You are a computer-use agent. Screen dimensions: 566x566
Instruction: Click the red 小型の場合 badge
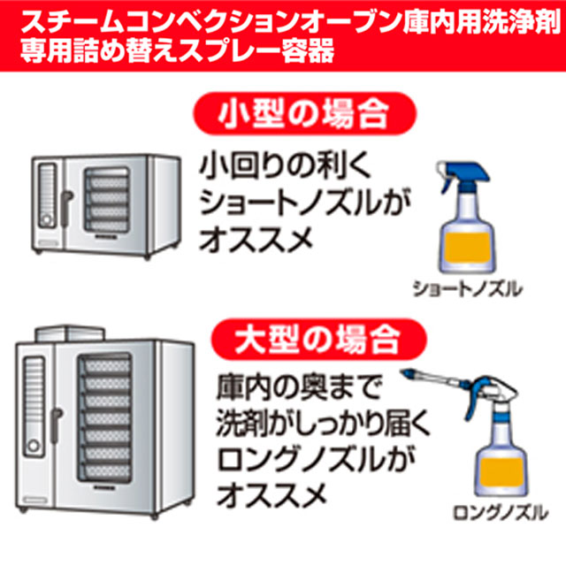305,114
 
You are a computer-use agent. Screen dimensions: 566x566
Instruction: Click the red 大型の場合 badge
319,340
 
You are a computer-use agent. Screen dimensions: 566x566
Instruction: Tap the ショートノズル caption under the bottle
468,289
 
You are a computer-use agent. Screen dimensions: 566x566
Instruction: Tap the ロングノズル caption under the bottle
501,513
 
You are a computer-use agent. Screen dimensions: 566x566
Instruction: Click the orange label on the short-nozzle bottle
468,248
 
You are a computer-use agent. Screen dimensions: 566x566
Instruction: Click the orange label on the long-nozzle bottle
501,471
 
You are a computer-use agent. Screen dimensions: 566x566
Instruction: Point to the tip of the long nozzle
402,371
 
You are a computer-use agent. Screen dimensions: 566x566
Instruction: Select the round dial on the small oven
46,219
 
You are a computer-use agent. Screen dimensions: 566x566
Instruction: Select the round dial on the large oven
34,446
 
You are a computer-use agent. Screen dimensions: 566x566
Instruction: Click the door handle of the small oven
65,209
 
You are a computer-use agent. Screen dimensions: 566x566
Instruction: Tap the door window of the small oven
107,201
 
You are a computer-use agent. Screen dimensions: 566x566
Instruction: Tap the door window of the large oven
104,417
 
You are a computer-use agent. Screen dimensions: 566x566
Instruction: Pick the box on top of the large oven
71,333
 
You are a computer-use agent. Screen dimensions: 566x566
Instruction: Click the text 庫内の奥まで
299,387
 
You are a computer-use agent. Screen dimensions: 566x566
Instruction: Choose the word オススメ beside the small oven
256,240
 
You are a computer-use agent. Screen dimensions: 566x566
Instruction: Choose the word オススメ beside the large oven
272,495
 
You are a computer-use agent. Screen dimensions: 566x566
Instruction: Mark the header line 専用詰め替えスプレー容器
177,50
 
